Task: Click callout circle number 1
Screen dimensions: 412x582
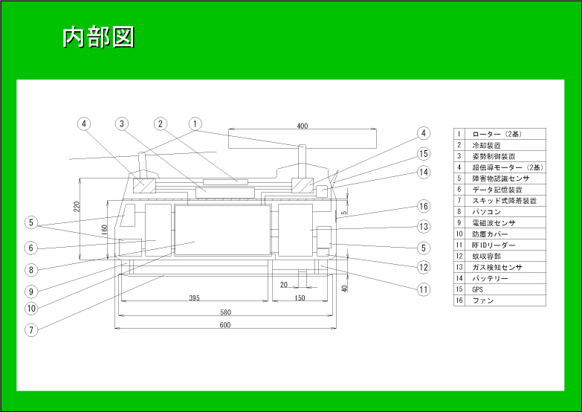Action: point(195,123)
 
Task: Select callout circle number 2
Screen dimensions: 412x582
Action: point(160,123)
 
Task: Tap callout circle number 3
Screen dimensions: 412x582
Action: point(122,123)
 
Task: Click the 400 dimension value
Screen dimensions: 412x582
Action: point(302,126)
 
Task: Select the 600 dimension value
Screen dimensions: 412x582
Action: point(225,325)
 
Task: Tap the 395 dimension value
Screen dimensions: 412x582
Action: point(194,298)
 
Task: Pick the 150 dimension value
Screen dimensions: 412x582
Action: point(300,298)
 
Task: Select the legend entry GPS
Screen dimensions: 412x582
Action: point(478,289)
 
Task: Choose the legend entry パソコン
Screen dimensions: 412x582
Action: point(485,211)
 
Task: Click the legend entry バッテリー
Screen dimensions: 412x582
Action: point(490,278)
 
